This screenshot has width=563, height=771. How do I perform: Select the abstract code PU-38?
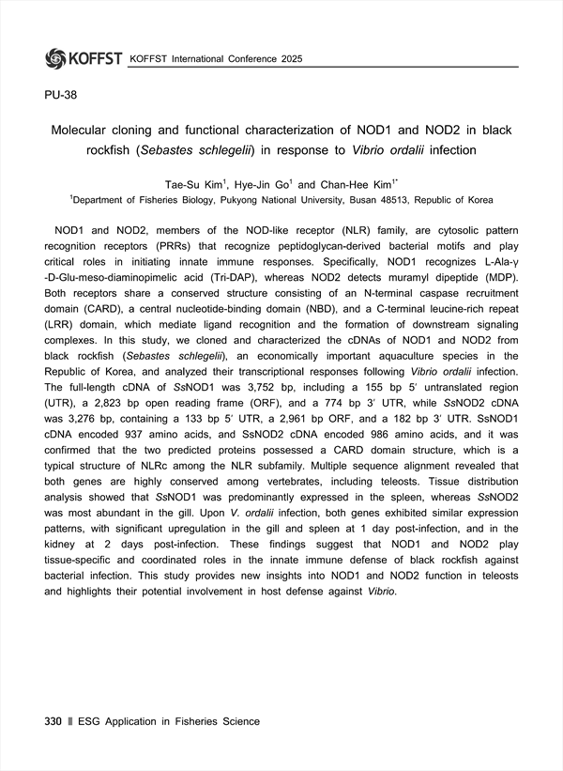click(61, 95)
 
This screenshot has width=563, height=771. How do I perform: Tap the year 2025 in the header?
click(289, 59)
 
